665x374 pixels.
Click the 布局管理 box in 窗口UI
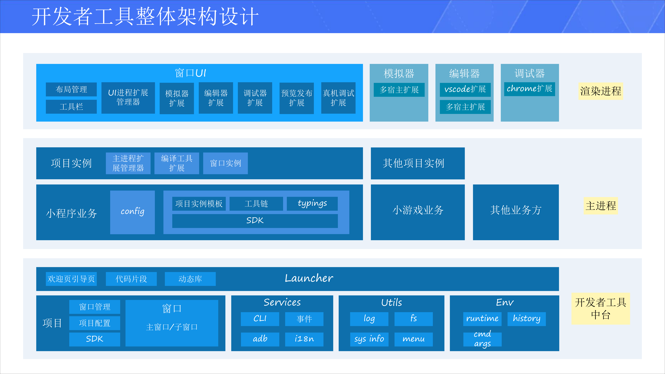(71, 89)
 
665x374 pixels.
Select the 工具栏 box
(71, 107)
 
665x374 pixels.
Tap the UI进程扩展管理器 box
(128, 98)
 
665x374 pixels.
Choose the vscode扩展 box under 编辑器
(465, 89)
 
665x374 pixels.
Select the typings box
(312, 203)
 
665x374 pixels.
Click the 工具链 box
(256, 203)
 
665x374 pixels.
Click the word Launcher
(309, 278)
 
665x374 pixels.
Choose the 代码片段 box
(131, 279)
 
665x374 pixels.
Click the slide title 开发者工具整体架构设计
(145, 16)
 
